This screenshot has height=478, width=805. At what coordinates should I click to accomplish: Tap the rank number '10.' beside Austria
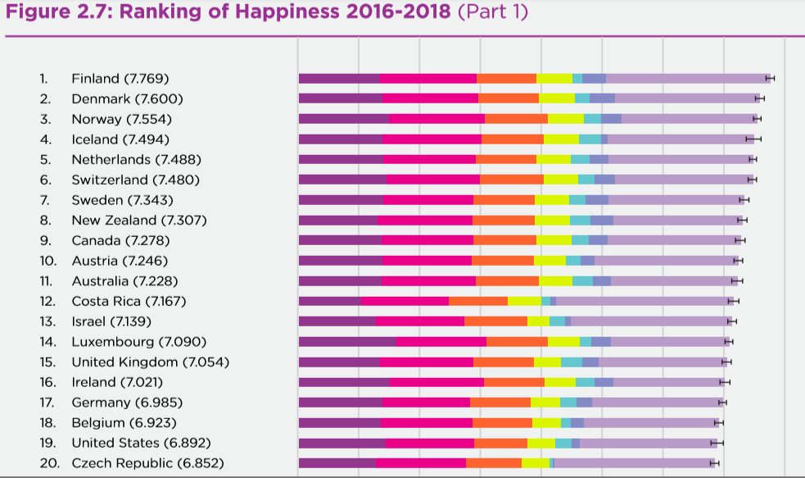[x=47, y=261]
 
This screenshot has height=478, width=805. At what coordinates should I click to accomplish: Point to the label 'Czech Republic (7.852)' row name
[x=147, y=463]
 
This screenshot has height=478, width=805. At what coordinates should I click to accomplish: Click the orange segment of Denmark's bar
[x=509, y=98]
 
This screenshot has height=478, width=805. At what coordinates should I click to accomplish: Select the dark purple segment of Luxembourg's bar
[x=346, y=341]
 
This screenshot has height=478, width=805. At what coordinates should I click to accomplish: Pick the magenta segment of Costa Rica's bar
[x=405, y=301]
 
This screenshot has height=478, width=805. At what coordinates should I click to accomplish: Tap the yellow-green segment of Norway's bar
[x=565, y=119]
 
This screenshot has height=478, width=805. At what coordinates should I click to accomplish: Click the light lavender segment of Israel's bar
[x=651, y=321]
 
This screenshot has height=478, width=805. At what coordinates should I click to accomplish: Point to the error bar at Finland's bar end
[x=770, y=78]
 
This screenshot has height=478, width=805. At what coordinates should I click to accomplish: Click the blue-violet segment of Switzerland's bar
[x=604, y=180]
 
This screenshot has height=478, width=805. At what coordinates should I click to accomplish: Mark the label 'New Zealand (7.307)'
[x=138, y=220]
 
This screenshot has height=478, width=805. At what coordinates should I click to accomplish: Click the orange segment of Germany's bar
[x=500, y=402]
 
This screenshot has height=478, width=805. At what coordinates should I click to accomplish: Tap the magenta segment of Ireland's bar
[x=436, y=382]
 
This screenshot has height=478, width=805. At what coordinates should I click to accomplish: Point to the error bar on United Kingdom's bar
[x=726, y=362]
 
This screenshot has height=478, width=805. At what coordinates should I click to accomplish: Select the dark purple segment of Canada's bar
[x=339, y=240]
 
